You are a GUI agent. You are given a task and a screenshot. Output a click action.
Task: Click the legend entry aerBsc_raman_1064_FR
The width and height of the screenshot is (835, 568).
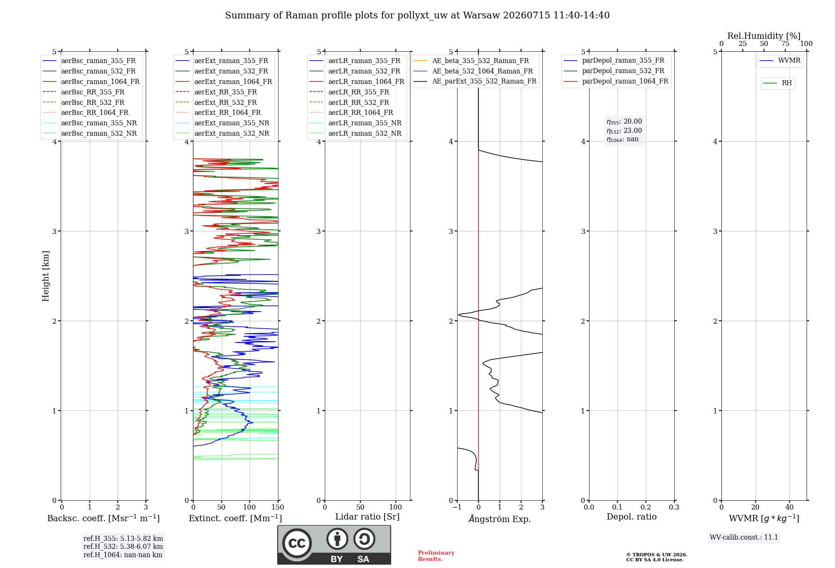coord(100,81)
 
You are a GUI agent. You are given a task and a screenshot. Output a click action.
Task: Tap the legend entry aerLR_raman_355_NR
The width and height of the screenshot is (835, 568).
coord(365,123)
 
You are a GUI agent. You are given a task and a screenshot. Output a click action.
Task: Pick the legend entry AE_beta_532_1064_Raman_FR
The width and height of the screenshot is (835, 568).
coord(483,71)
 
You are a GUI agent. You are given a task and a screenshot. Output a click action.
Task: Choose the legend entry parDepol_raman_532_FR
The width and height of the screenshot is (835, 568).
coord(623,71)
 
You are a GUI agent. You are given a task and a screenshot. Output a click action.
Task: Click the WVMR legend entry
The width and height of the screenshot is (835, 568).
coord(789,61)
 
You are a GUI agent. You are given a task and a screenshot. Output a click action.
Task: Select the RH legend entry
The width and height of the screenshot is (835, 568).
coord(787,83)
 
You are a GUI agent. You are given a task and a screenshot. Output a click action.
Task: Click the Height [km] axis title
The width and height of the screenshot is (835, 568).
coord(46,276)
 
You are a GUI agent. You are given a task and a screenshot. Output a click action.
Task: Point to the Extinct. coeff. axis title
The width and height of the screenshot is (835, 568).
coord(235,518)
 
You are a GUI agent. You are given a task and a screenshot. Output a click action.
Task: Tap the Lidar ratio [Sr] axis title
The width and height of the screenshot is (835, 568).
coord(367,517)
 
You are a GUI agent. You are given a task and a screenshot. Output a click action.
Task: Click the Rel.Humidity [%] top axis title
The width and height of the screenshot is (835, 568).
coord(764,36)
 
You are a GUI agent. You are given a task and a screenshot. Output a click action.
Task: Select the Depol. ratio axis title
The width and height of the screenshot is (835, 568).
coord(632,517)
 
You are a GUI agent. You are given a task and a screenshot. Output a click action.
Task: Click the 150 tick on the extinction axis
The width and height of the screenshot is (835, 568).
coord(278,507)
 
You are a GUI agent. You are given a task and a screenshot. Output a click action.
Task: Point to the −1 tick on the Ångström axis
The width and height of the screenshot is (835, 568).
coord(457,507)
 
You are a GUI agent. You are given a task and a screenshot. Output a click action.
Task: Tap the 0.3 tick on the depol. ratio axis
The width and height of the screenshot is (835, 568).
coord(674,507)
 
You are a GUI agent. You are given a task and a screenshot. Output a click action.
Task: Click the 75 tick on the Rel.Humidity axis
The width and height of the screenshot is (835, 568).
coord(785,44)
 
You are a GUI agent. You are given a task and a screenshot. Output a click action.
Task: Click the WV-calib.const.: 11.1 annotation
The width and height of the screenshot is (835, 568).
coord(744,537)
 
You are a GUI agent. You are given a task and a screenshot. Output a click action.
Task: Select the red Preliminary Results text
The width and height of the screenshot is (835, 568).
coord(436,556)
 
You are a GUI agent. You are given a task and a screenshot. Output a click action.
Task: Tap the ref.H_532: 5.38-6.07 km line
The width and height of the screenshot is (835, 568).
coord(123,546)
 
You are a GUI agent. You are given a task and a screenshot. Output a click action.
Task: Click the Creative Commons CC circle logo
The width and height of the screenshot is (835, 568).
coord(297,543)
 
